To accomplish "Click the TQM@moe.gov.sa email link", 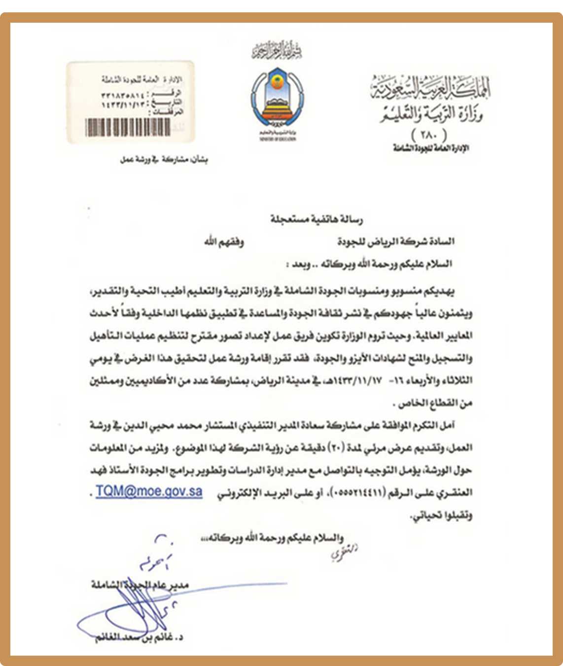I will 149,491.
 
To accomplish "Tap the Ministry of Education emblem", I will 278,99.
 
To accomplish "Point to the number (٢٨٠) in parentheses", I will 428,134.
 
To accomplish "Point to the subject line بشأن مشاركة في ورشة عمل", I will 164,159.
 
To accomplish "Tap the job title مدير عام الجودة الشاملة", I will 140,585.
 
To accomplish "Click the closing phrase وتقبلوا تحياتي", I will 441,517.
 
